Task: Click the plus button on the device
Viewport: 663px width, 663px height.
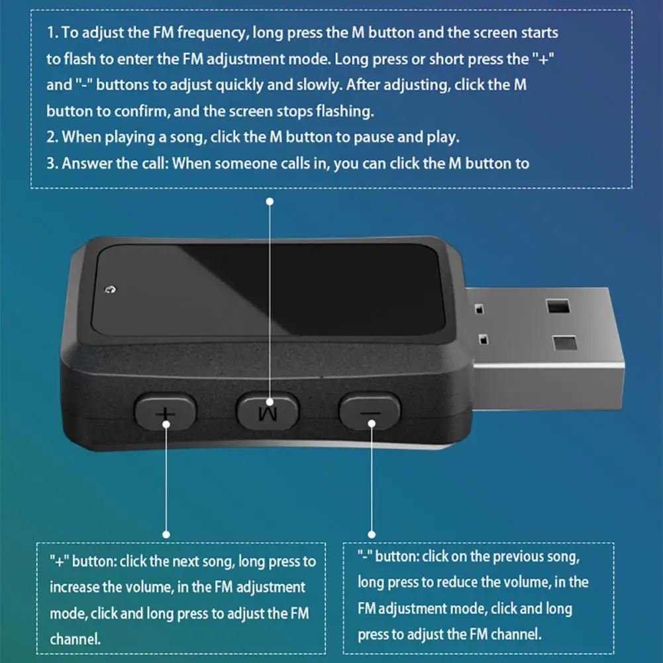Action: point(166,411)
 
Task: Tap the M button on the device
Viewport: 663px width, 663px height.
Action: point(268,411)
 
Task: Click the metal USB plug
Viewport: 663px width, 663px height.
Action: point(546,346)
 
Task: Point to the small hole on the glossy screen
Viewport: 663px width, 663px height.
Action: point(111,289)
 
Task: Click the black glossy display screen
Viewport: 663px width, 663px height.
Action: point(268,291)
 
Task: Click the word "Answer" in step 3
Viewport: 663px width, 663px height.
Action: point(87,163)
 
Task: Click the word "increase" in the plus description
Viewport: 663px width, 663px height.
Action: point(74,587)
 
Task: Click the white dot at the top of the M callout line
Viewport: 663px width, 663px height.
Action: point(270,202)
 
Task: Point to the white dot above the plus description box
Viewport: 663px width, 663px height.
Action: point(166,535)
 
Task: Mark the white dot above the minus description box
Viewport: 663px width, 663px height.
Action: point(372,535)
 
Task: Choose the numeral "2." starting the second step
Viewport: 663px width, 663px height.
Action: point(52,137)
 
